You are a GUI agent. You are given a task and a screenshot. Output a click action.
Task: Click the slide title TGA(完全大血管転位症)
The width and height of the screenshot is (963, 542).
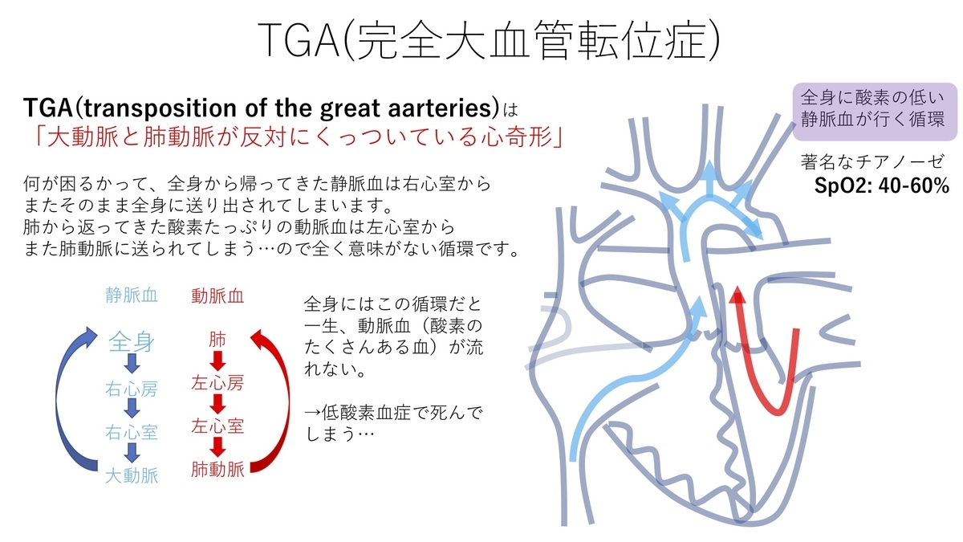[489, 40]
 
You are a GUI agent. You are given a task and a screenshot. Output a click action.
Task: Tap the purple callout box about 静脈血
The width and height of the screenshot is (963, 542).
[875, 112]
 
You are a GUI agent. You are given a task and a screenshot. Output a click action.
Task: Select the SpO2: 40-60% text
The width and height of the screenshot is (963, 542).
[881, 185]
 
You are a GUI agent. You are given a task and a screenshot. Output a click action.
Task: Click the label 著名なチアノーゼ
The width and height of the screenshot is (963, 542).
[872, 161]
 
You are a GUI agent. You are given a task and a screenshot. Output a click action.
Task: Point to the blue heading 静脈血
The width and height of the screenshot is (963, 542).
[132, 295]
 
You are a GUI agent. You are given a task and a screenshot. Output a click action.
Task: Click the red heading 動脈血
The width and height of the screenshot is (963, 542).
[217, 296]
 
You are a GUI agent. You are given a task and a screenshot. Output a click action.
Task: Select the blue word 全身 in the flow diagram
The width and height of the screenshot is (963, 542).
[131, 342]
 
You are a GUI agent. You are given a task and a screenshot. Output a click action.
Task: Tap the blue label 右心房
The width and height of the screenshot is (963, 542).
[132, 389]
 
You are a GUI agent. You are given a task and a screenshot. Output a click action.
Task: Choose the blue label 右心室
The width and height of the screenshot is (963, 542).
[132, 432]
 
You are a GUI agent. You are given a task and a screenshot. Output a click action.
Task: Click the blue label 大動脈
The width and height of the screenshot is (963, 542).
[132, 475]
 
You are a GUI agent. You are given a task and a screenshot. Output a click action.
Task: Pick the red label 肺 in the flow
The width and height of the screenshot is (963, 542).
[217, 340]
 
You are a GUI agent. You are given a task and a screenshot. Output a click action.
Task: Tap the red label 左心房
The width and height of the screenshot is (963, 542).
[217, 383]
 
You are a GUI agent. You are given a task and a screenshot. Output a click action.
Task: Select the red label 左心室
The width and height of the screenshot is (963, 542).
[217, 426]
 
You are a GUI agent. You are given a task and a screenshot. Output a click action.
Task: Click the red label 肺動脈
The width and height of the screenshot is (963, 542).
[217, 469]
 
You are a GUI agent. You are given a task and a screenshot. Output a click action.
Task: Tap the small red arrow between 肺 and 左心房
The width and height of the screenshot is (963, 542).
[217, 361]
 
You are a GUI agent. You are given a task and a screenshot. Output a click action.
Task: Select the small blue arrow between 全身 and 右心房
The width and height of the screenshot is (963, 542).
[132, 364]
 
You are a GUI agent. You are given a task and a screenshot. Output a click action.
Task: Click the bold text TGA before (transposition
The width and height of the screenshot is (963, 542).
[48, 107]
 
